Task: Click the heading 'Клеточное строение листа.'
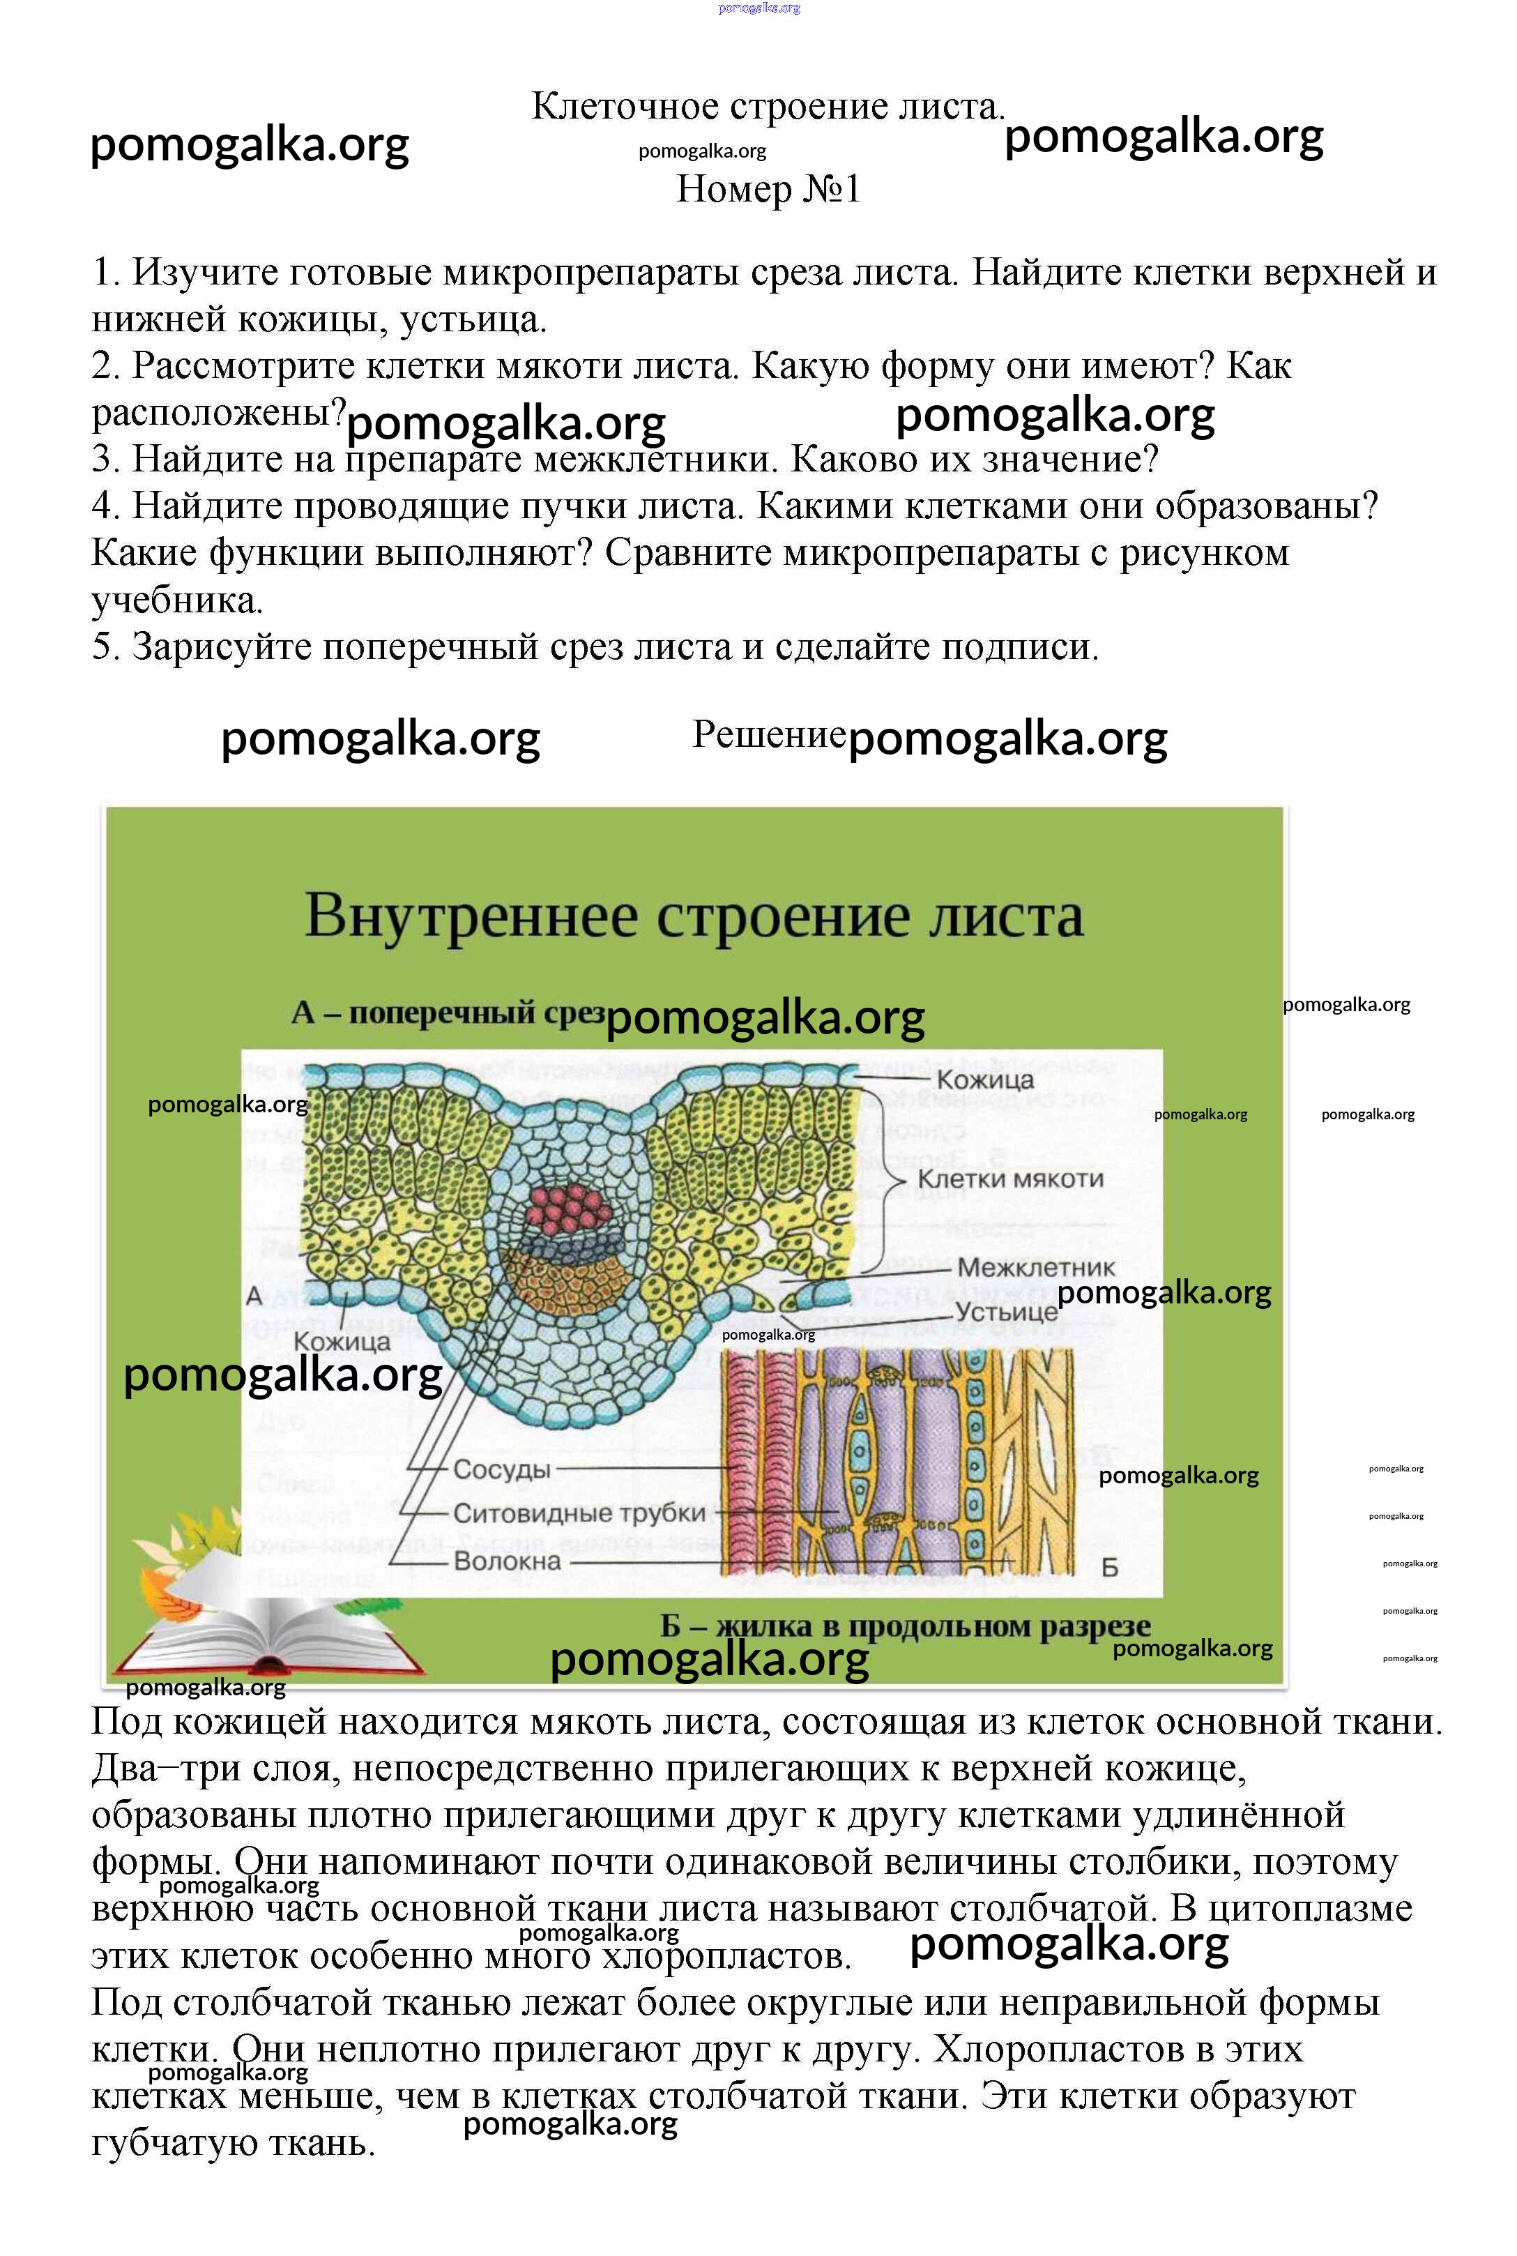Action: point(768,107)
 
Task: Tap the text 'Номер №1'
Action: point(768,189)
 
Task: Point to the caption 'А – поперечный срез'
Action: point(447,1013)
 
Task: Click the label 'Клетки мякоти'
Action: point(1010,1179)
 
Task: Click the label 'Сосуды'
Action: point(501,1469)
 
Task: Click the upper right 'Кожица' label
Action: point(985,1079)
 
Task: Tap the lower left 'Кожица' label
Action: point(342,1342)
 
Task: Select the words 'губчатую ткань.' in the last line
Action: point(233,2144)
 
